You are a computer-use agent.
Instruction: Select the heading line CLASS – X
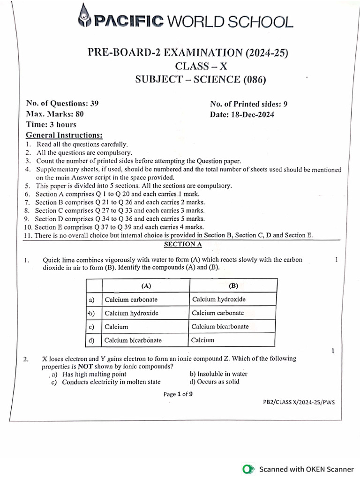(x=200, y=66)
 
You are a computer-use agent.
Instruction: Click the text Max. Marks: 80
(x=55, y=114)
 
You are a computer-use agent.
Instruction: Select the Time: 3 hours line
(x=51, y=125)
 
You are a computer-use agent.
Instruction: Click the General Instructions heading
(x=64, y=135)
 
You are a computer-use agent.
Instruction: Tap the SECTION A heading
(x=182, y=244)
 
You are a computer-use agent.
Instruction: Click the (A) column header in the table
(x=145, y=285)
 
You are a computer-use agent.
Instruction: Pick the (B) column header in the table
(x=233, y=285)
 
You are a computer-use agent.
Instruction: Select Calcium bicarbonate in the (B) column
(x=220, y=326)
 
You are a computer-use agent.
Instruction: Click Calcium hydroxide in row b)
(x=131, y=313)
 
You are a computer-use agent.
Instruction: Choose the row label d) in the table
(x=91, y=340)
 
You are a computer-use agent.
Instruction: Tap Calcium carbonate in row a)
(x=131, y=299)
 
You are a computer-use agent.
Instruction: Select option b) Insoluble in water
(x=218, y=374)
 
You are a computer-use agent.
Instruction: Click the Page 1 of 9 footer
(x=178, y=394)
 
